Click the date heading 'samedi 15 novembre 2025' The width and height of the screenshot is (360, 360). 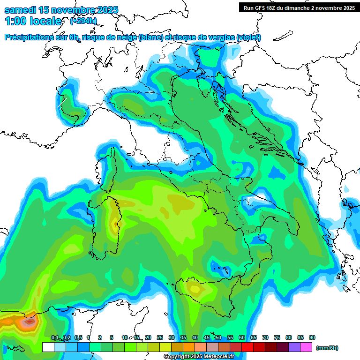tap(61, 10)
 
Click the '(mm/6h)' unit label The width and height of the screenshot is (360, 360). tap(327, 348)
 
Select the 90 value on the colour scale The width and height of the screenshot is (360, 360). tap(312, 337)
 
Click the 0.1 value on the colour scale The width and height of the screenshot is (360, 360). tap(55, 337)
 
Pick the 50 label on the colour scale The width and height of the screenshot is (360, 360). tap(218, 337)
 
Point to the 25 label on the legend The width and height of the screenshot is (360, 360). tap(160, 337)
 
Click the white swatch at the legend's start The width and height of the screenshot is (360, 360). tap(48, 347)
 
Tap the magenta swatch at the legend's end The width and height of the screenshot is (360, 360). tap(306, 347)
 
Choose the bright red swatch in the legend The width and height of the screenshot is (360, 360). tap(247, 347)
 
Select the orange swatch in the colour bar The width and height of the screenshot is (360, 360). tap(189, 347)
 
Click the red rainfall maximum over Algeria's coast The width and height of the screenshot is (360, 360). tap(29, 322)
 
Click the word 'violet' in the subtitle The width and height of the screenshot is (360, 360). tap(248, 37)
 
